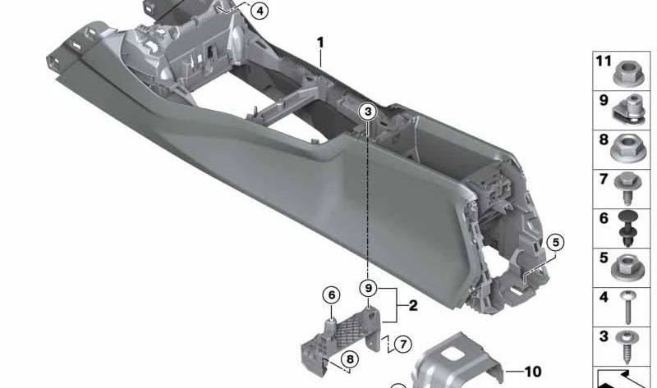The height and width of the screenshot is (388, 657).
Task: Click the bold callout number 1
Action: (321, 42)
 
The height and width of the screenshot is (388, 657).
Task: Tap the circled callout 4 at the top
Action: (260, 11)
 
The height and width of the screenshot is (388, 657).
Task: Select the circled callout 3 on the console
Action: (369, 111)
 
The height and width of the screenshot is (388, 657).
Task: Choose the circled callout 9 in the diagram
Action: (369, 288)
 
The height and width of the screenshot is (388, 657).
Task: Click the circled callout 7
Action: (402, 344)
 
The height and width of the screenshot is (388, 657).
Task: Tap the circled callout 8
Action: (349, 359)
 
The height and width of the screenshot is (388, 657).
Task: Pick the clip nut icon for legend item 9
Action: (628, 107)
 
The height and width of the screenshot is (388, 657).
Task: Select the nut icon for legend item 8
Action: (628, 147)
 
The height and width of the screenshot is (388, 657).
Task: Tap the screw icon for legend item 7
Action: (628, 186)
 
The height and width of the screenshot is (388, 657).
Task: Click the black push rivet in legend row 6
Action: (628, 226)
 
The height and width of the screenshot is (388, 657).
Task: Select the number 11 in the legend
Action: (604, 61)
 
